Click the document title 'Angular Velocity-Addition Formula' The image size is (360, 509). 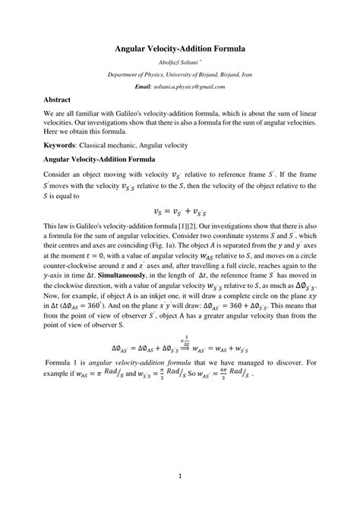click(180, 48)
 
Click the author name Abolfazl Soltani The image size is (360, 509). click(178, 63)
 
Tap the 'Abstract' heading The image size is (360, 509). click(58, 100)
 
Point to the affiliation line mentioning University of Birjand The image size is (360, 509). click(180, 75)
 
